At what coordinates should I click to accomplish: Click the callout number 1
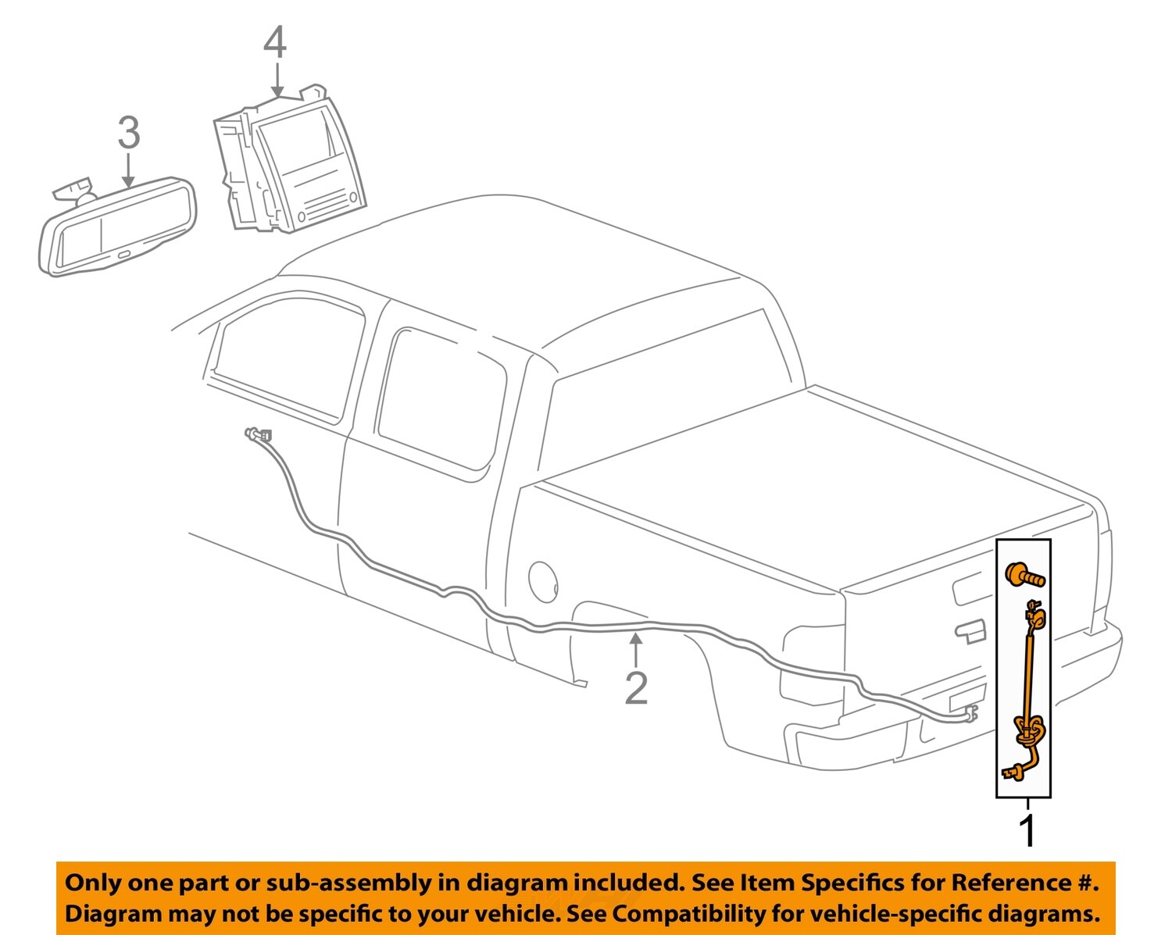pyautogui.click(x=1028, y=830)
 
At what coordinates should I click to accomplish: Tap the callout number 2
pyautogui.click(x=636, y=688)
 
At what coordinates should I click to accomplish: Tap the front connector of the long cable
pyautogui.click(x=258, y=434)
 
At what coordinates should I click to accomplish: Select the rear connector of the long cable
pyautogui.click(x=971, y=713)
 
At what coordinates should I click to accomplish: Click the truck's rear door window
pyautogui.click(x=441, y=402)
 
